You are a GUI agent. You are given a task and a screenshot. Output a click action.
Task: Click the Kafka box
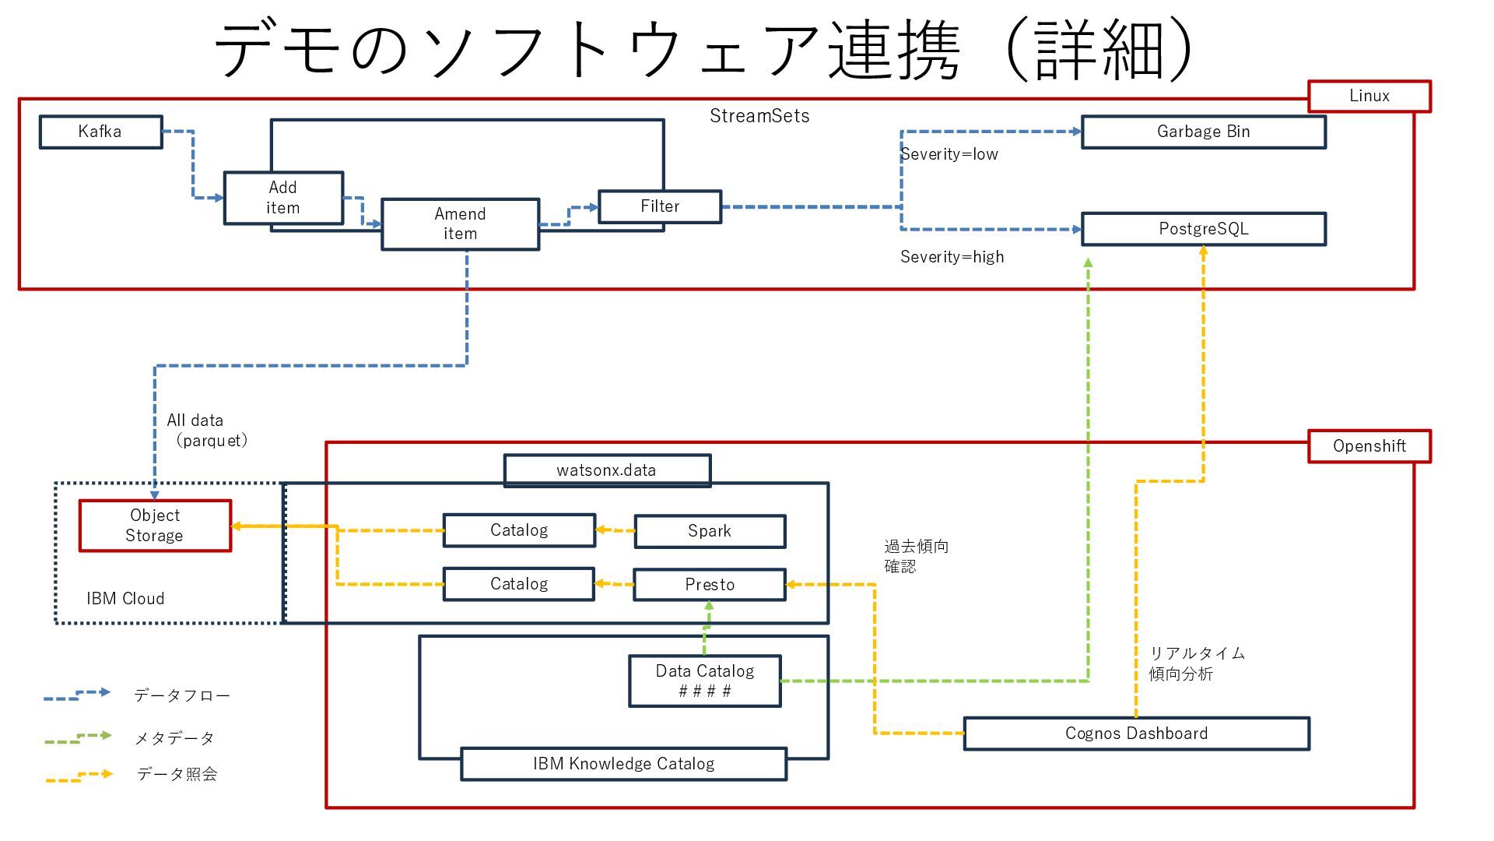101,132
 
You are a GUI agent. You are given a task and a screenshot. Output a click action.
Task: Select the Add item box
283,198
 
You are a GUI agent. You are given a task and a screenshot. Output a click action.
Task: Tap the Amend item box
461,224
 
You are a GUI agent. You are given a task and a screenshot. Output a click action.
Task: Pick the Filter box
660,206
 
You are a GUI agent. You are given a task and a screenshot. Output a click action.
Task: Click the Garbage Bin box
1204,132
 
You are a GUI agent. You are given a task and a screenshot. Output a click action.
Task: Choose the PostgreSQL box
1204,229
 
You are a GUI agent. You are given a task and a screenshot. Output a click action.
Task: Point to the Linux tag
1369,96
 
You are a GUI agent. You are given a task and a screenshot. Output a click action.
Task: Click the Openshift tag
1369,446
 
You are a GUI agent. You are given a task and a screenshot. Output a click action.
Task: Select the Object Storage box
155,526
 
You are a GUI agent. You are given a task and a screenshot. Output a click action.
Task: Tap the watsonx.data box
607,470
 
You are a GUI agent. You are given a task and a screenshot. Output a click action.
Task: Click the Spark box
710,531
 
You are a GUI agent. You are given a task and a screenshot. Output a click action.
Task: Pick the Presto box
710,584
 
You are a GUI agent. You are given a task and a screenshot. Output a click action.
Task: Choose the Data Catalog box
705,681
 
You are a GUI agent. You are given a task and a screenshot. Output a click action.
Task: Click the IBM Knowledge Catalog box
624,764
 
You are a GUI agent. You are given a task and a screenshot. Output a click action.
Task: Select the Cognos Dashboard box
1137,734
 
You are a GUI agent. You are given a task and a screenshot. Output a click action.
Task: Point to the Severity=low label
949,154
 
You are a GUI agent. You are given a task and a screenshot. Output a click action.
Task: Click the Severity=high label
952,257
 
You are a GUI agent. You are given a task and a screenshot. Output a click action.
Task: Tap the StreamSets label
759,116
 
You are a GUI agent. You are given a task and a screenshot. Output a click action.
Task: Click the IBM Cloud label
125,599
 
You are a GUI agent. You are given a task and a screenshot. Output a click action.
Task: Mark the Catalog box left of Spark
519,530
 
